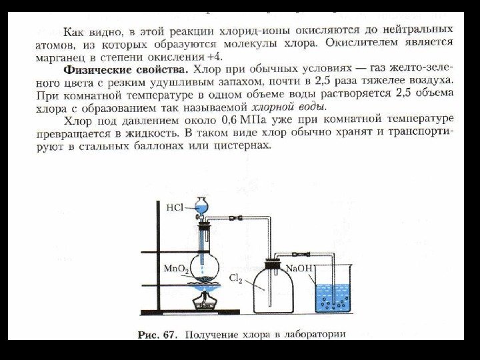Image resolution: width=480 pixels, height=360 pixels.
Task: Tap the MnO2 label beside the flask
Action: (175, 269)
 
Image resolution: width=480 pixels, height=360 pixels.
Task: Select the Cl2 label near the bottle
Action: (236, 281)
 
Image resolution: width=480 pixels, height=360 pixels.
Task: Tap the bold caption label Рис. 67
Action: (157, 335)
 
